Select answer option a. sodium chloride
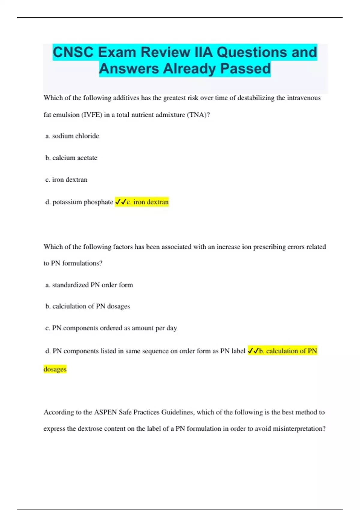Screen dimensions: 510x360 [x=72, y=136]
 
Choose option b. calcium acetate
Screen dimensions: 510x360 [x=71, y=158]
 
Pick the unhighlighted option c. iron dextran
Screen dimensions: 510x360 [x=66, y=180]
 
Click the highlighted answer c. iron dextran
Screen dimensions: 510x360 [x=147, y=202]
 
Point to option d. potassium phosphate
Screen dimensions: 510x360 [x=79, y=202]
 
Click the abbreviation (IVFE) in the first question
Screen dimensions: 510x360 [x=91, y=115]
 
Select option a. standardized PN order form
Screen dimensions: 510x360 [x=89, y=285]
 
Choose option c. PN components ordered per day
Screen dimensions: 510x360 [x=111, y=328]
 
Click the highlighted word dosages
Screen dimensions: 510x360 [x=55, y=369]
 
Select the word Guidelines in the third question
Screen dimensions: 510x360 [x=178, y=412]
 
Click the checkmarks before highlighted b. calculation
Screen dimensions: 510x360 [x=253, y=351]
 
